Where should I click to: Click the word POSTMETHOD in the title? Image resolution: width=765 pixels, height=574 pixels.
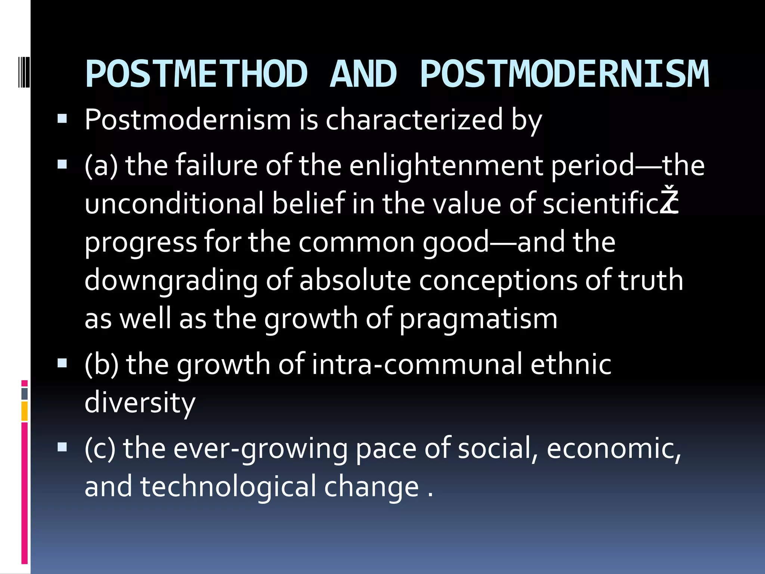click(196, 74)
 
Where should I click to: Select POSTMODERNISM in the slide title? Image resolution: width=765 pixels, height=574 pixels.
click(564, 74)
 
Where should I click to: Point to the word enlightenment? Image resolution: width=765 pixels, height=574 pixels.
click(446, 166)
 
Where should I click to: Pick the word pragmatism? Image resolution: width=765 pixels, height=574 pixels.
click(478, 319)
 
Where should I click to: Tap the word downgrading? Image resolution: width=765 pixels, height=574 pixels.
click(171, 280)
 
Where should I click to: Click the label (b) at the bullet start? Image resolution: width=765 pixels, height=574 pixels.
click(101, 364)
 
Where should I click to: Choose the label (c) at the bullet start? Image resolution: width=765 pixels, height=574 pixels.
click(100, 448)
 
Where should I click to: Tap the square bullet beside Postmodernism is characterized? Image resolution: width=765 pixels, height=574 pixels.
click(62, 119)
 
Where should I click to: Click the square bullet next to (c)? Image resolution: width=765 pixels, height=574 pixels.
click(62, 447)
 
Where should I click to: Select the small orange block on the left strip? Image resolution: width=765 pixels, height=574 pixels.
click(25, 411)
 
